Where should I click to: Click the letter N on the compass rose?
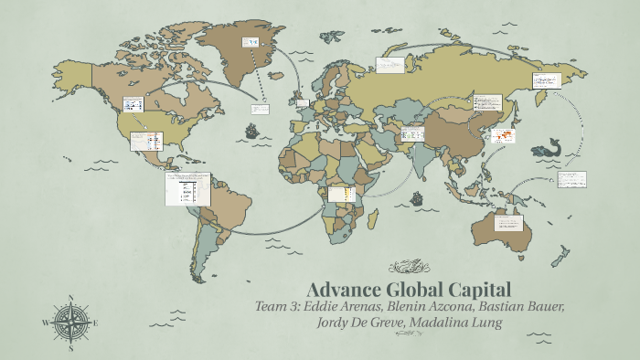coord(70,298)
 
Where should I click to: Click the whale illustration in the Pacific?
coord(552,146)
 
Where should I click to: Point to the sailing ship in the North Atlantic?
coord(250,130)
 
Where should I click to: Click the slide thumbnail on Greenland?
coord(250,43)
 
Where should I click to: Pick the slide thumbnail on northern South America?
coord(188,188)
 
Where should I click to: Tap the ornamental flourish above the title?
coord(408,267)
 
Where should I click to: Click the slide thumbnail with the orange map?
coord(503,136)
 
